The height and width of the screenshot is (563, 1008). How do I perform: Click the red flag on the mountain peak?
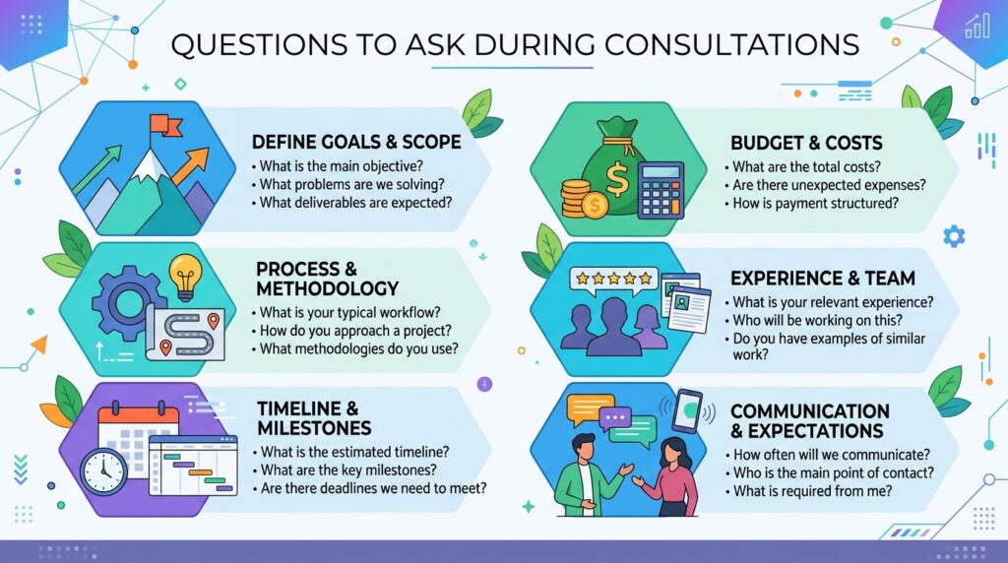[x=164, y=125]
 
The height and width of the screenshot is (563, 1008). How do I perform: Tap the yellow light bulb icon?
[x=185, y=278]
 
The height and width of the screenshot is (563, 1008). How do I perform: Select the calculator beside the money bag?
[x=661, y=190]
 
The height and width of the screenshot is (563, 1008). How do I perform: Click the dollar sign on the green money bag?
[x=617, y=179]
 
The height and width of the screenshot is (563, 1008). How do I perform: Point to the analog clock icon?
[x=103, y=471]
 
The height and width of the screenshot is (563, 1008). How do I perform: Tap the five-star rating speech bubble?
[x=614, y=281]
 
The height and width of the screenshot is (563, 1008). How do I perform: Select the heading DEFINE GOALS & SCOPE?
[x=356, y=142]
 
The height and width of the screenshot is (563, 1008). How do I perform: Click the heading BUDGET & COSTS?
[x=806, y=143]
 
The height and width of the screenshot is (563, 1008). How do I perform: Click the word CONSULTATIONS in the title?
[x=731, y=45]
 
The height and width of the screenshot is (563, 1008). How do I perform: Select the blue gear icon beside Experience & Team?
[x=954, y=236]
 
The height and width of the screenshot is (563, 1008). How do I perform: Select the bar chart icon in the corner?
[x=976, y=26]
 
